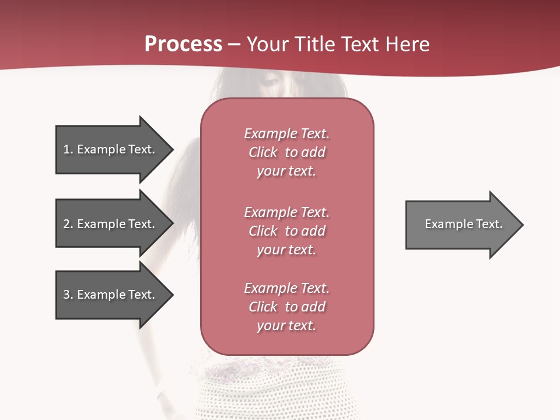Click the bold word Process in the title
pyautogui.click(x=183, y=44)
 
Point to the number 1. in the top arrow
pyautogui.click(x=68, y=149)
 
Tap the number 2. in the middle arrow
pyautogui.click(x=68, y=224)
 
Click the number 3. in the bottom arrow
pyautogui.click(x=68, y=295)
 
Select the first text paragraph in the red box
pyautogui.click(x=286, y=152)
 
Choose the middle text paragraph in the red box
pyautogui.click(x=286, y=230)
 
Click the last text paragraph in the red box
pyautogui.click(x=286, y=306)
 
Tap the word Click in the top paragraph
pyautogui.click(x=263, y=152)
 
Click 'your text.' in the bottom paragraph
pyautogui.click(x=286, y=325)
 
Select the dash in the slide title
pyautogui.click(x=234, y=44)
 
